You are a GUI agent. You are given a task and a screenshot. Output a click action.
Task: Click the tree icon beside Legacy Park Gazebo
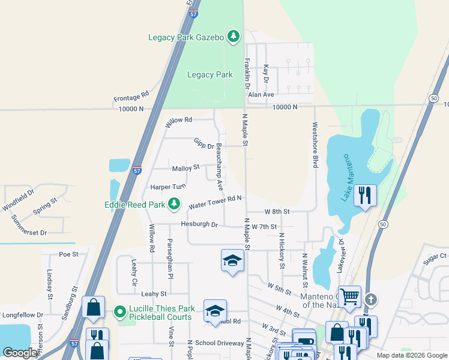(x=234, y=37)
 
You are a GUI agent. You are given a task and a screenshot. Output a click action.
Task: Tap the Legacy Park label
(x=209, y=75)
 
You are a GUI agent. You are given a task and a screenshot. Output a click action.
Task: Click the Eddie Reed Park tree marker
(x=174, y=205)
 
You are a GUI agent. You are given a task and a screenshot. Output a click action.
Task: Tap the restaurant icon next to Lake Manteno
(x=364, y=196)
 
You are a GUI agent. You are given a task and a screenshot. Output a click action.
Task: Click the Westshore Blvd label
(x=314, y=145)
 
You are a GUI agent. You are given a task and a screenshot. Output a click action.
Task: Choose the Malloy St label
(x=185, y=169)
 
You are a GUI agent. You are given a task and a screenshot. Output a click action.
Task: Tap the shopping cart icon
(x=350, y=296)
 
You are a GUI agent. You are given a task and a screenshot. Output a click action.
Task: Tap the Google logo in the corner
(x=20, y=352)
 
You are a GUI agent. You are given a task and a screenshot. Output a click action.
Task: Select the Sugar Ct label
(x=436, y=256)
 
